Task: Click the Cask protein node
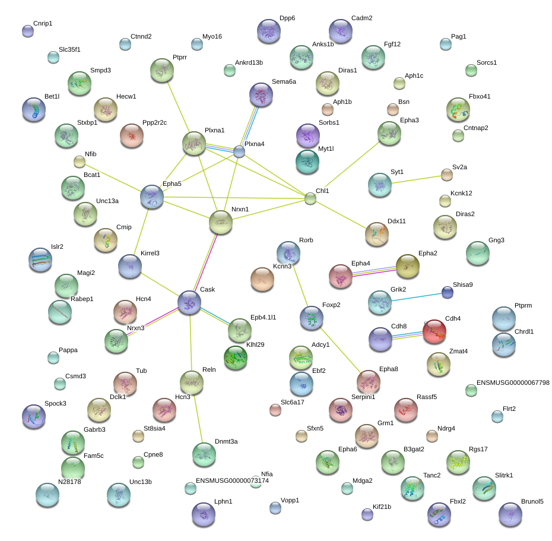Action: click(189, 302)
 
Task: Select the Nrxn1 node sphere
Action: click(221, 222)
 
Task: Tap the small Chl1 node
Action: click(310, 198)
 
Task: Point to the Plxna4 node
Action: click(239, 152)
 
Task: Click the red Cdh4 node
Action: click(434, 331)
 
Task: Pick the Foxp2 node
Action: click(312, 318)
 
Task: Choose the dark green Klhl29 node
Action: click(236, 358)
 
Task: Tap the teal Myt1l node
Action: click(307, 162)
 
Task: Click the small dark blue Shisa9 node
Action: click(448, 292)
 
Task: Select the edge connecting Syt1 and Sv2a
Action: click(417, 179)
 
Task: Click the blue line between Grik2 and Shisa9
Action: click(417, 297)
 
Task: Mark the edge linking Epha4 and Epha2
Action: click(374, 271)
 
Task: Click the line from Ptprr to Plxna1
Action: click(179, 107)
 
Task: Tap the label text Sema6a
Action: click(284, 82)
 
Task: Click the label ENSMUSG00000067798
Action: click(513, 382)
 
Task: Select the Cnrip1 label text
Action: click(43, 24)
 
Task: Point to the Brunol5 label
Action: click(532, 501)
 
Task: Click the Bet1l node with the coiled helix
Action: click(34, 109)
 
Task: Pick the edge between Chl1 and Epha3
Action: click(352, 164)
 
